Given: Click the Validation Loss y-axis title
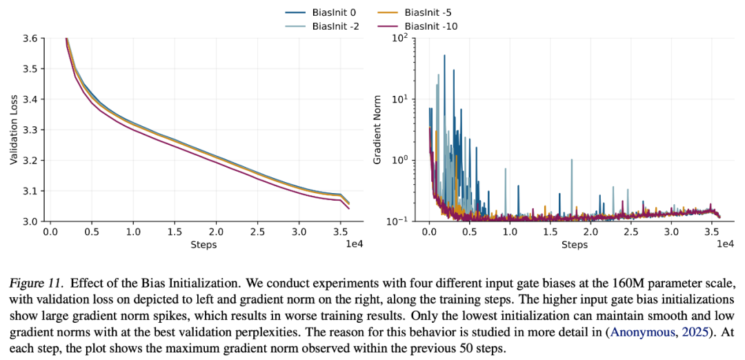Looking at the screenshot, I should (14, 130).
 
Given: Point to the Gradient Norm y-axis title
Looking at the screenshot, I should (378, 130).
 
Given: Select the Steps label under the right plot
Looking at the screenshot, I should (574, 245).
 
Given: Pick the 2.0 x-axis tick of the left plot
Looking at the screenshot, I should (216, 232).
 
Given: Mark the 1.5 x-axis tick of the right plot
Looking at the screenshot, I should (549, 232).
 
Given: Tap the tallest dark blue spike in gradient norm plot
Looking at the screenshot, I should (444, 57).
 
